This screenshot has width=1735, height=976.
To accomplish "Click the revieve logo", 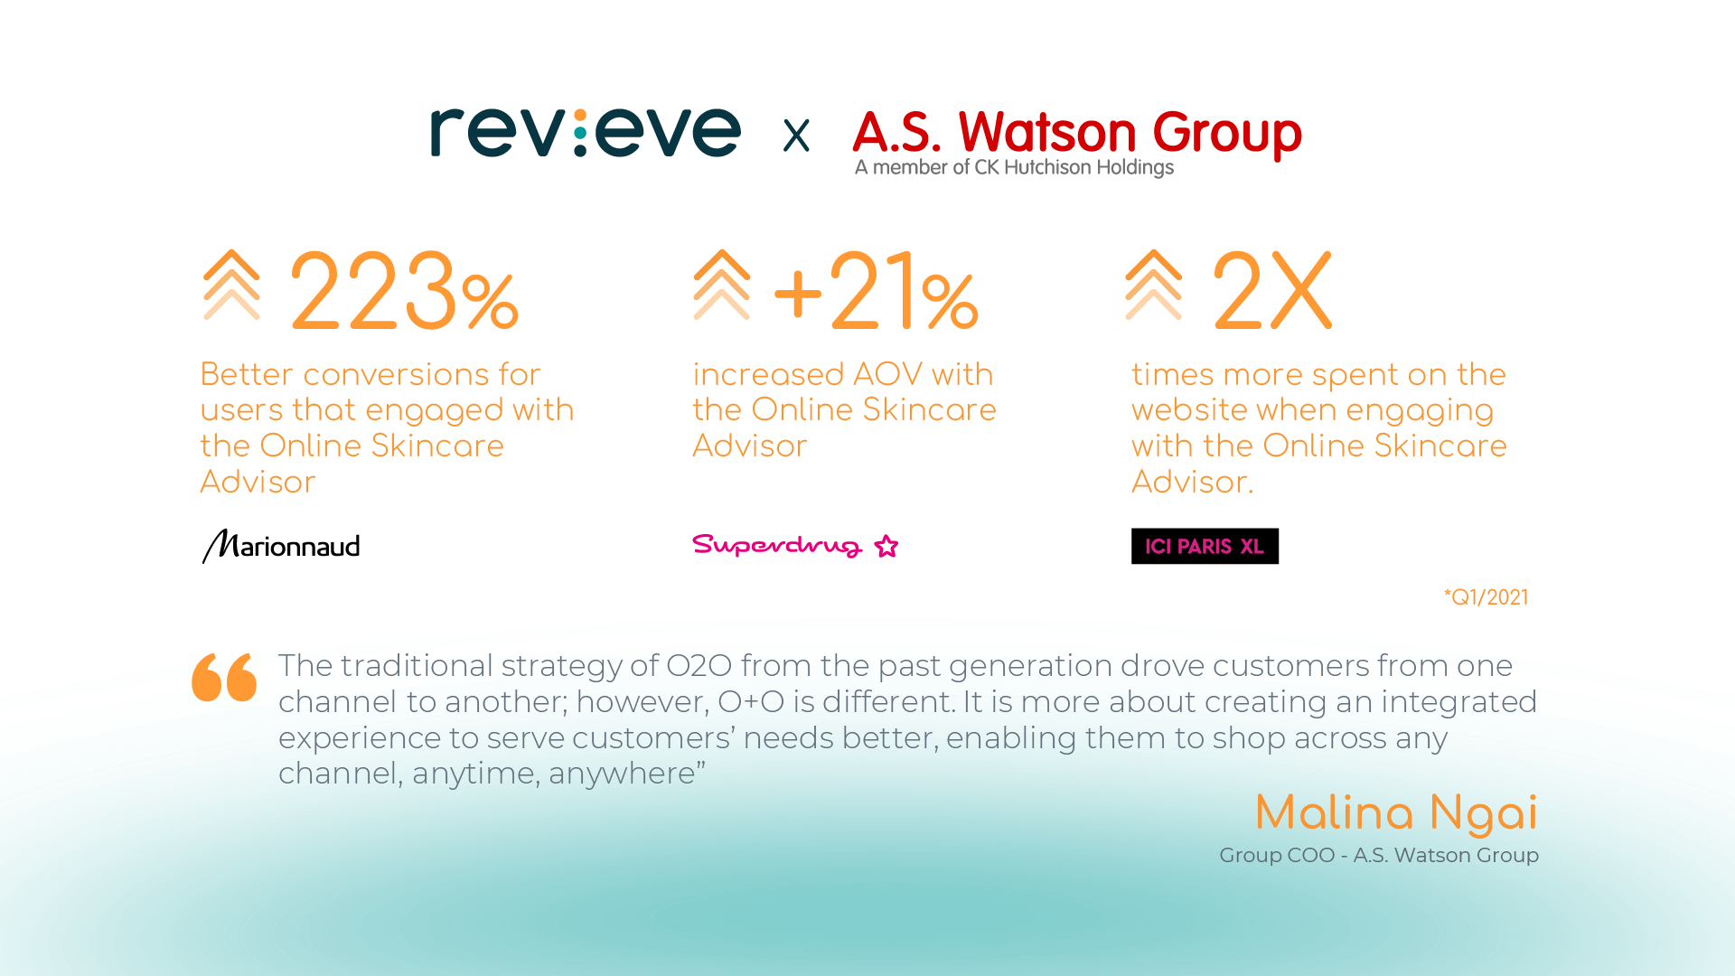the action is (x=586, y=133).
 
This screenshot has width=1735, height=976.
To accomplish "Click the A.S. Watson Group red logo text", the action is (x=1077, y=132).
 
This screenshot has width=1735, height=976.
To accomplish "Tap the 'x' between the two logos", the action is (x=796, y=136).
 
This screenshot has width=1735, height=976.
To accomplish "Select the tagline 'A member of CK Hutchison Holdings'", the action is (x=1014, y=167).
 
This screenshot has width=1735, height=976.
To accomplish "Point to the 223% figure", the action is (x=404, y=291).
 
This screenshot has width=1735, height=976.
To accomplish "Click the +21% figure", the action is (x=876, y=291).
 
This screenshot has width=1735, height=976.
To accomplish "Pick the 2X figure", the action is (x=1272, y=291).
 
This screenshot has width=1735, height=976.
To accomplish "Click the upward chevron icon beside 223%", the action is (x=231, y=285).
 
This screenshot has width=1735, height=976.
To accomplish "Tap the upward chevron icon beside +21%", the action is (x=722, y=285).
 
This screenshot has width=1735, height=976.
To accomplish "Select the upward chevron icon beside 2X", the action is (x=1154, y=285).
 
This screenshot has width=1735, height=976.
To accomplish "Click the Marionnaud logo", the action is (x=281, y=546).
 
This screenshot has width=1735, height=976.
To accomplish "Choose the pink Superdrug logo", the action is (x=795, y=545).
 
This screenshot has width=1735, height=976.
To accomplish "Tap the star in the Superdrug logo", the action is (x=886, y=546).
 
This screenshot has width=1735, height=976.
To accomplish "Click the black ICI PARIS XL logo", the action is (x=1205, y=546).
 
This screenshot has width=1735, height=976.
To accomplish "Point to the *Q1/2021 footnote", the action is (x=1486, y=597).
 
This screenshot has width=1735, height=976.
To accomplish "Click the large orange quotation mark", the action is (x=224, y=677).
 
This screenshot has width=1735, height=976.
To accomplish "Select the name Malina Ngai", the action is (x=1396, y=813).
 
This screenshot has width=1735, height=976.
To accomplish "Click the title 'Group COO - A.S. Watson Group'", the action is (x=1379, y=855).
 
